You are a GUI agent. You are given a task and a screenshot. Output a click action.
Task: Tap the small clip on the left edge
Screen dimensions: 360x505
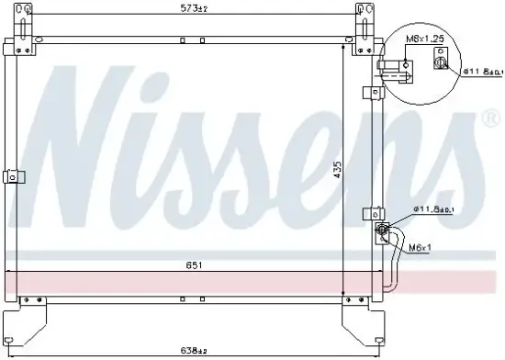[x=11, y=177]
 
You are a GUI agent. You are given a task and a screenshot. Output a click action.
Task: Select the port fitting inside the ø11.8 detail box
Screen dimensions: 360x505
[x=443, y=62]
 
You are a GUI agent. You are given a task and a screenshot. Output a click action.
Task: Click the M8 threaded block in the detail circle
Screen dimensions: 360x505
[x=408, y=63]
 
